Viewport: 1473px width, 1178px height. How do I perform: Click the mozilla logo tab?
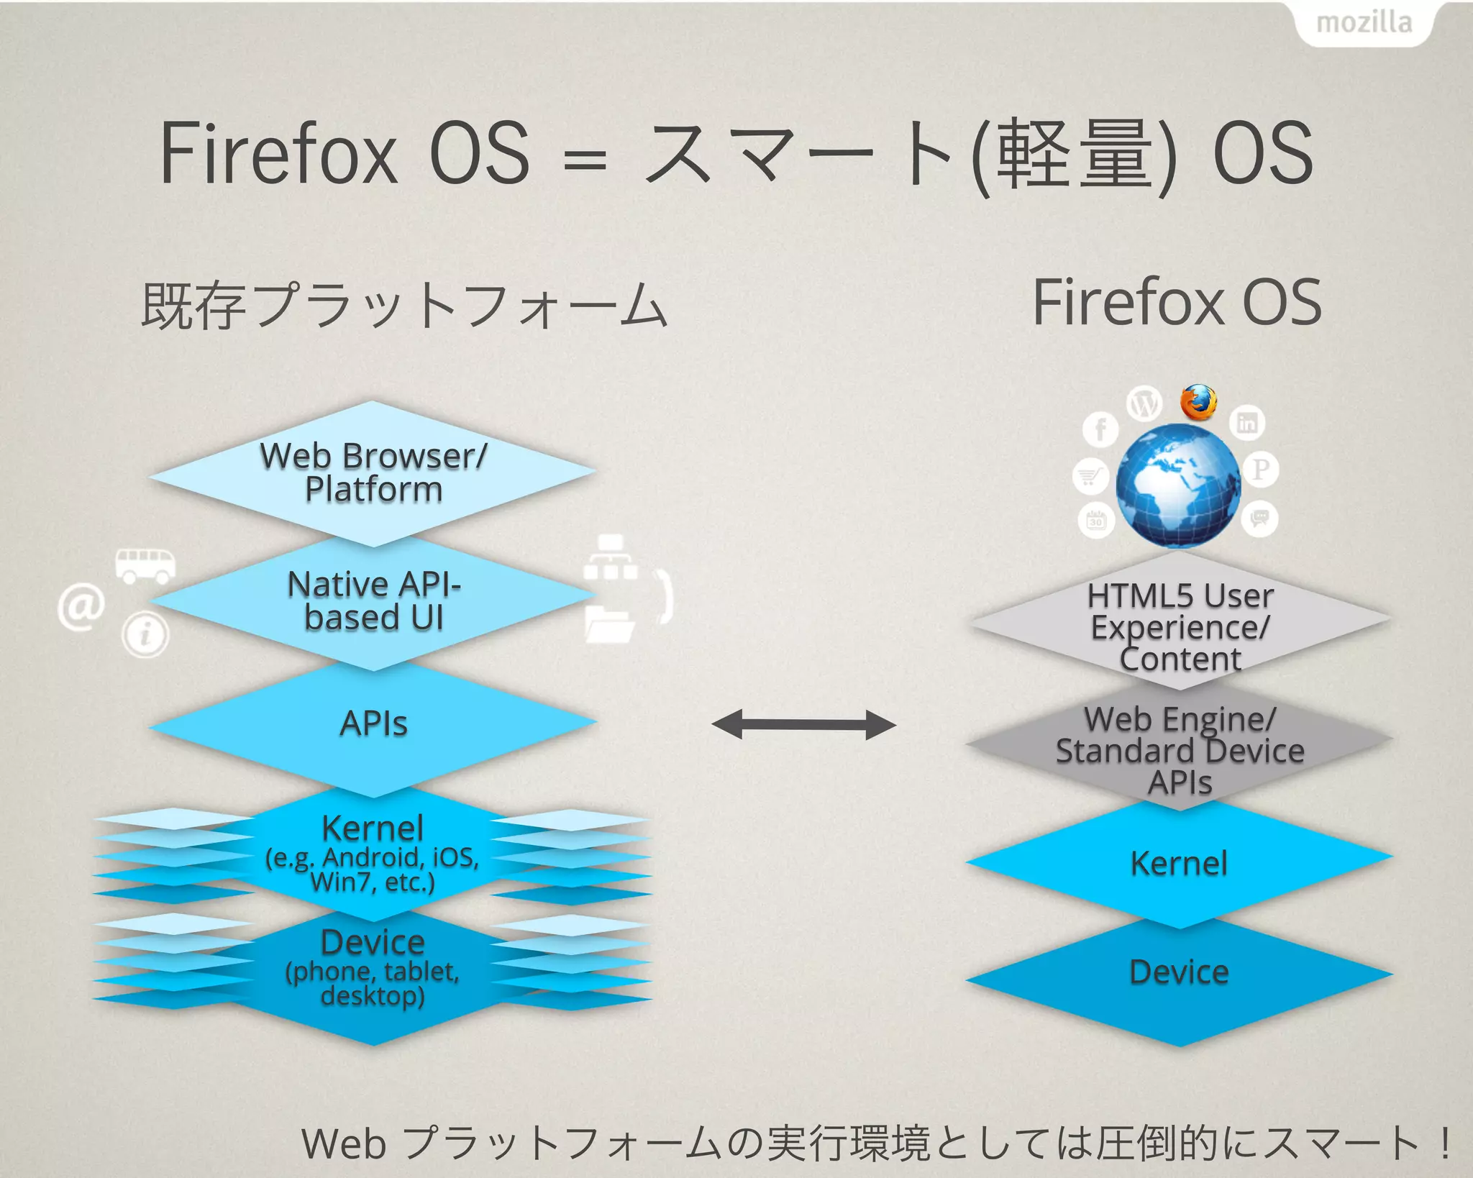[1364, 23]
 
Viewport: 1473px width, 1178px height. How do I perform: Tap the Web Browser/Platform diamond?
[373, 472]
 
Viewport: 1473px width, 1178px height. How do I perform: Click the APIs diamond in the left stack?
[373, 723]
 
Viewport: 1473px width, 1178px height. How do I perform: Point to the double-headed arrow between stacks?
[803, 724]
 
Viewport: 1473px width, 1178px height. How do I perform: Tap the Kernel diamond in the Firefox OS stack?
[1179, 863]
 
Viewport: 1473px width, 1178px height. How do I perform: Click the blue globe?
[1178, 486]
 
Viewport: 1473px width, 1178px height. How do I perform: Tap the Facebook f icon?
[1100, 430]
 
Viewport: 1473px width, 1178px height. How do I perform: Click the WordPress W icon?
[1144, 403]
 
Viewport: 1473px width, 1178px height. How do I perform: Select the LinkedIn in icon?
[1246, 423]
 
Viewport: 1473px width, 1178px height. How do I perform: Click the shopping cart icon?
[1089, 476]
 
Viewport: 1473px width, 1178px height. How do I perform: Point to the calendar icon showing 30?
[1095, 519]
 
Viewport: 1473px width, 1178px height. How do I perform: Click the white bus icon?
[145, 565]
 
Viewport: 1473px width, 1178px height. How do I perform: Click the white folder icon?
[608, 624]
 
